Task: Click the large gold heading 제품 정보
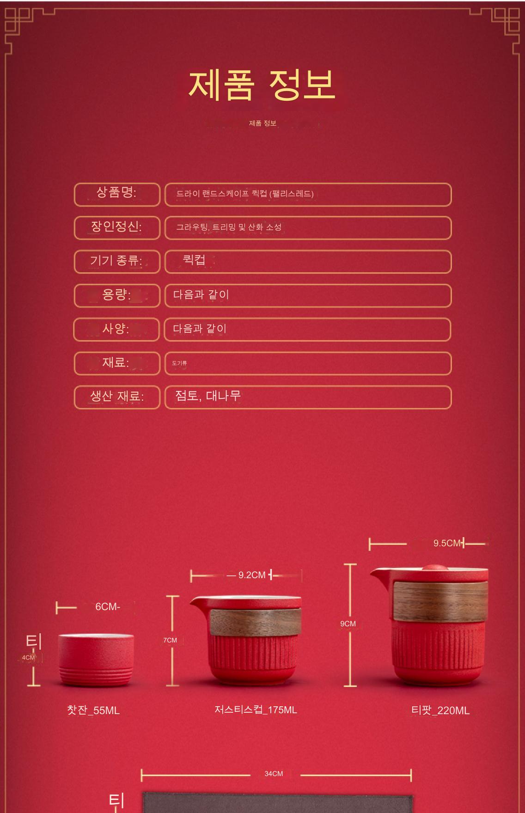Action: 262,86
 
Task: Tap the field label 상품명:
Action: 116,193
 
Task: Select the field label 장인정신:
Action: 116,226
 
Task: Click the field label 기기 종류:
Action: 116,261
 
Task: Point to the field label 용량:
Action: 116,294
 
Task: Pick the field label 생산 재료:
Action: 116,396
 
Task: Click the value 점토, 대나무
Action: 208,396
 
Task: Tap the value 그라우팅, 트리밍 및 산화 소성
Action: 229,227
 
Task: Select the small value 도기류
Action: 179,363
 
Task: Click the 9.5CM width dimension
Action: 447,543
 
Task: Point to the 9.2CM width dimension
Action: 252,575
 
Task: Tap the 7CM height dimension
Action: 170,640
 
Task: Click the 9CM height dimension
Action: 348,624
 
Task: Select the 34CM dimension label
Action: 274,773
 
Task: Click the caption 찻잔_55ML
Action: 93,710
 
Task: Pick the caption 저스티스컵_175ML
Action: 256,709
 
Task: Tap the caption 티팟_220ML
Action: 440,710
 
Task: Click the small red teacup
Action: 96,660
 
